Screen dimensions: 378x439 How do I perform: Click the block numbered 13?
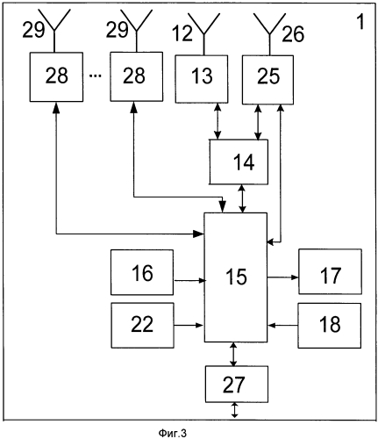tap(202, 79)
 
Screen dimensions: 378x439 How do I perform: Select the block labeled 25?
tap(267, 80)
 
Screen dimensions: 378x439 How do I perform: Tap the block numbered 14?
tap(239, 162)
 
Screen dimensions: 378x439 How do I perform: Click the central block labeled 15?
tap(236, 277)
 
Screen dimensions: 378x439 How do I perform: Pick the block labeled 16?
tap(142, 272)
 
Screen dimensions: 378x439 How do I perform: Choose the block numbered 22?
tap(142, 325)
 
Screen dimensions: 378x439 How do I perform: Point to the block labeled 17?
tap(330, 271)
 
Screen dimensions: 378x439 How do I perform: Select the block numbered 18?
tap(330, 326)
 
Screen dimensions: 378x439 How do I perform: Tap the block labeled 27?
tap(237, 384)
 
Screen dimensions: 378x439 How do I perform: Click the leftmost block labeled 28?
tap(56, 77)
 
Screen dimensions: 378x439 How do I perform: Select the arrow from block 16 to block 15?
tap(189, 281)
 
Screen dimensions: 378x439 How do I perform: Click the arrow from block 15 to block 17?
tap(282, 277)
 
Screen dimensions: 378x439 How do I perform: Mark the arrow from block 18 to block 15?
tap(282, 325)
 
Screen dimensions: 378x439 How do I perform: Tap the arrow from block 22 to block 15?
tap(189, 325)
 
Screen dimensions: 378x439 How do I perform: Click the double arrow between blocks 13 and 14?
tap(217, 121)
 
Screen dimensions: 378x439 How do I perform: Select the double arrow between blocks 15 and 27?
tap(233, 354)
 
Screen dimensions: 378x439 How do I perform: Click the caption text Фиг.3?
tap(173, 433)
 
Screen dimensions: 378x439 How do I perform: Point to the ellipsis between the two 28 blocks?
tap(95, 76)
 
